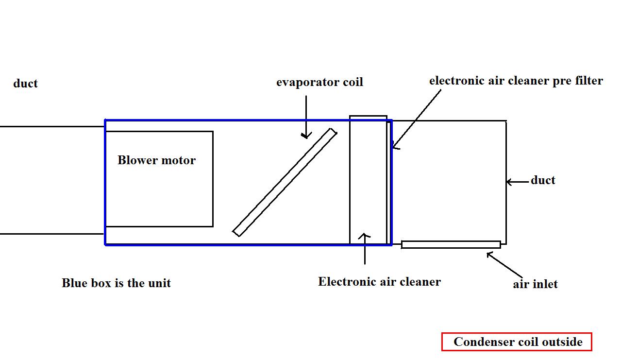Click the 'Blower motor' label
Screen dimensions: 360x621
pos(156,160)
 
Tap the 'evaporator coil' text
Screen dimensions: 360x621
pos(319,82)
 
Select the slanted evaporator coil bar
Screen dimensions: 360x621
pos(285,183)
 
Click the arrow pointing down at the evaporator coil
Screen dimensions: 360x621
pos(306,117)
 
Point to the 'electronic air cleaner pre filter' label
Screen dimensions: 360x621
pos(516,81)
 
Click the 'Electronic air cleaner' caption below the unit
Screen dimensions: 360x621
pos(379,282)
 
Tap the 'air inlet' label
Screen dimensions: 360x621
pos(535,284)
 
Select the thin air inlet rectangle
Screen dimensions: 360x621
pos(451,244)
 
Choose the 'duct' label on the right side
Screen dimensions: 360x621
pos(543,180)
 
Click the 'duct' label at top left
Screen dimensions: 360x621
pos(25,84)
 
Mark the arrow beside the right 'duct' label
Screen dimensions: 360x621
pos(518,182)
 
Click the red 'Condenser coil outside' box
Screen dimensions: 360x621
pos(517,342)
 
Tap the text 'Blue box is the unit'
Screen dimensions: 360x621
pos(116,283)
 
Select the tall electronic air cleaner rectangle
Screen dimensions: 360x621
pos(368,180)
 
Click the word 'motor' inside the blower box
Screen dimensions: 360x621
pos(179,160)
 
